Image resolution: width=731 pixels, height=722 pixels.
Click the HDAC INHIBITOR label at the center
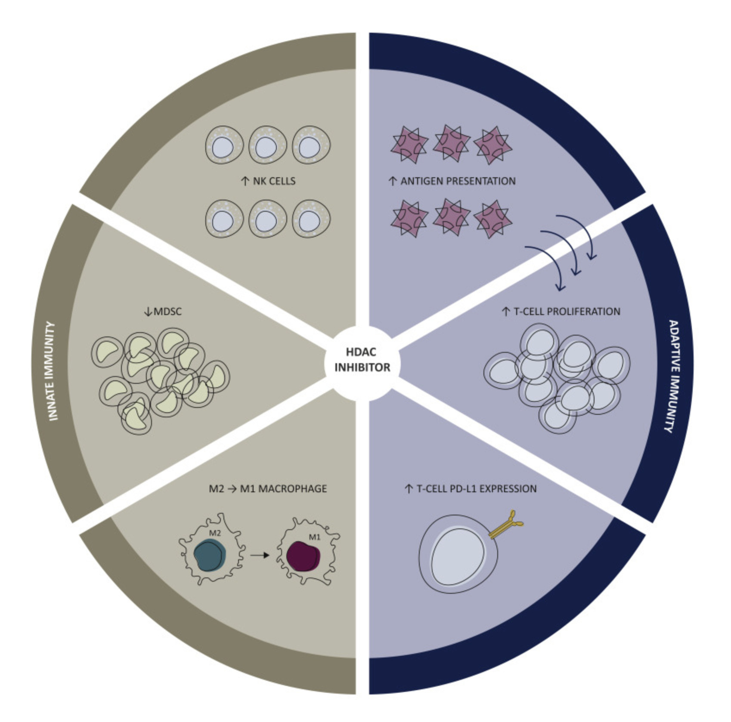pos(362,360)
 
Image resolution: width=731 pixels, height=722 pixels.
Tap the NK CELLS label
pos(274,181)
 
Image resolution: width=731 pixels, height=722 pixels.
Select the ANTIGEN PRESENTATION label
pos(458,181)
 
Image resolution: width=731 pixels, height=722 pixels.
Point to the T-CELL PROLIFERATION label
pos(567,312)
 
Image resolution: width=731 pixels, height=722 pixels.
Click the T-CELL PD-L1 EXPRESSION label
pos(477,489)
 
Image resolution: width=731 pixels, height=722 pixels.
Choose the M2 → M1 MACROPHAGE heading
pos(267,489)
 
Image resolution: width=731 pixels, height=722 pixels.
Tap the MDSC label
pos(167,312)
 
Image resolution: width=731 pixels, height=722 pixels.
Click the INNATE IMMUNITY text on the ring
pos(53,371)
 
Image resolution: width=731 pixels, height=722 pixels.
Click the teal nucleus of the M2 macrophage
pos(209,555)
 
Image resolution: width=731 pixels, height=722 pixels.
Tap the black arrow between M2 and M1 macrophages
pos(260,555)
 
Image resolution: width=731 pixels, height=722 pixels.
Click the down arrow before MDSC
pos(148,312)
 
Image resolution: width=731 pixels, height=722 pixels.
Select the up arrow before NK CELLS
pos(245,181)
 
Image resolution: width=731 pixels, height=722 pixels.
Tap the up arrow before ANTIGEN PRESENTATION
pos(393,181)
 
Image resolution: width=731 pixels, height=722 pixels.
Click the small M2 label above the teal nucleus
pos(215,533)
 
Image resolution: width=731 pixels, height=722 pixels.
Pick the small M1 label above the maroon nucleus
pos(315,537)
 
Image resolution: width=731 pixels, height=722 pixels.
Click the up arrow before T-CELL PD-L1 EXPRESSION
pos(409,489)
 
